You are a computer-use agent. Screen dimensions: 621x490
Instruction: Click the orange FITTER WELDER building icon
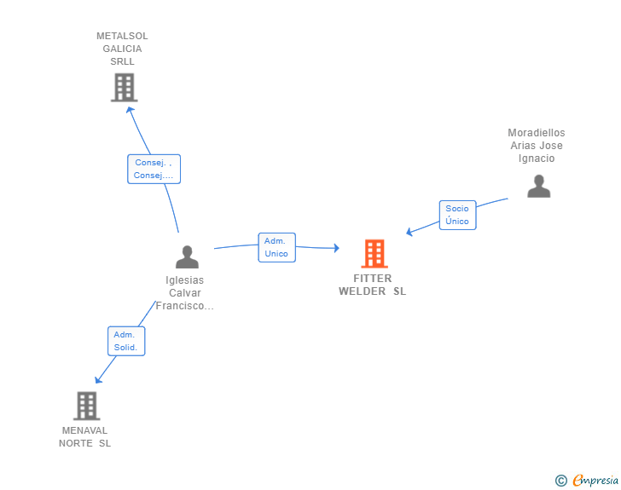(x=374, y=253)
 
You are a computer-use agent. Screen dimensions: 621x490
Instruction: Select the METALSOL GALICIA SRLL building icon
(x=124, y=87)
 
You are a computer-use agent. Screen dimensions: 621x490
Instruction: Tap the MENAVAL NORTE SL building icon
(x=86, y=406)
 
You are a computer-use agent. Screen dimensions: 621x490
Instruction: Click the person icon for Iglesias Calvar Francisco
(x=187, y=257)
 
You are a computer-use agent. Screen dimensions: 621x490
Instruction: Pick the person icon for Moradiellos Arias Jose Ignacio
(x=538, y=186)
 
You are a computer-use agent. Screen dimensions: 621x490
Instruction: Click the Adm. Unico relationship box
(x=277, y=247)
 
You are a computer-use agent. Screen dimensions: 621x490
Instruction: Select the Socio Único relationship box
(x=457, y=215)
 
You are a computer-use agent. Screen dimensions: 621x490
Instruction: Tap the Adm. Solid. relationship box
(x=126, y=341)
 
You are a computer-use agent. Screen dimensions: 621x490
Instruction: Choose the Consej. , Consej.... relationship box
(x=154, y=169)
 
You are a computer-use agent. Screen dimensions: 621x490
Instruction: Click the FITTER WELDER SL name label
(x=372, y=285)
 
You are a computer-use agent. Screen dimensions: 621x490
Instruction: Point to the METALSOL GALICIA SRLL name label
(x=122, y=49)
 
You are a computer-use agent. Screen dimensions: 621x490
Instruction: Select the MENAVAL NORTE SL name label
(x=84, y=436)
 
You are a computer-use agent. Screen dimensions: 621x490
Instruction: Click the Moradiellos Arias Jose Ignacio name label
(x=537, y=145)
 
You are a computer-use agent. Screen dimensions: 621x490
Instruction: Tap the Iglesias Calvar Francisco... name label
(x=184, y=293)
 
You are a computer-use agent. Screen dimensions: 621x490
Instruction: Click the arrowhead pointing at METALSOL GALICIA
(x=130, y=110)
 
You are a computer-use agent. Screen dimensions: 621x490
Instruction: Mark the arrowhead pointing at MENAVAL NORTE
(x=98, y=379)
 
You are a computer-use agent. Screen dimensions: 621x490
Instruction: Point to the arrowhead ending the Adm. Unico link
(x=337, y=248)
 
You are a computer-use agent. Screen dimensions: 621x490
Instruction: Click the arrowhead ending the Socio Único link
(x=409, y=232)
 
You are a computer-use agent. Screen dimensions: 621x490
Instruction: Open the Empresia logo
(x=595, y=481)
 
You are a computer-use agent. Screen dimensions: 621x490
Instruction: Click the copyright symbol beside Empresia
(x=561, y=481)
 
